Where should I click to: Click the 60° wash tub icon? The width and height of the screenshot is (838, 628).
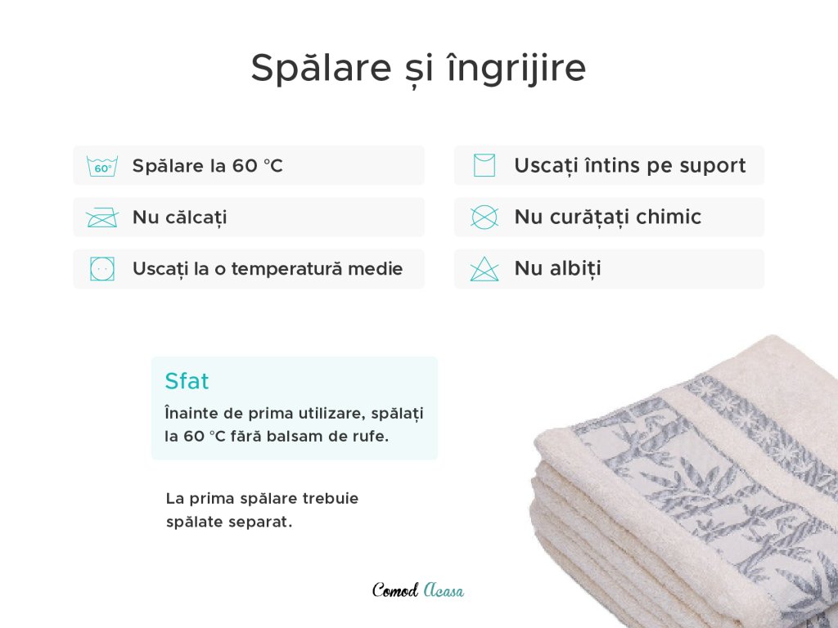tap(102, 166)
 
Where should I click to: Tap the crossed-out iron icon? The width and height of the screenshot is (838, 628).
tap(102, 218)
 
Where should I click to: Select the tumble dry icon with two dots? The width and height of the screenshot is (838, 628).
tap(102, 268)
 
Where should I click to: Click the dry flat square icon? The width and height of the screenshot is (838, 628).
tap(484, 165)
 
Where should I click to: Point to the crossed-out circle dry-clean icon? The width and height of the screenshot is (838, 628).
tap(484, 218)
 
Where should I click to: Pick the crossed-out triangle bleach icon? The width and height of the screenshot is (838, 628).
tap(484, 268)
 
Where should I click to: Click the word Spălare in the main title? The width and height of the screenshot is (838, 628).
tap(321, 68)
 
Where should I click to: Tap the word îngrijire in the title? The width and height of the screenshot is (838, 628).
tap(516, 69)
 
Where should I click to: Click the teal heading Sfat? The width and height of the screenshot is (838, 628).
tap(187, 381)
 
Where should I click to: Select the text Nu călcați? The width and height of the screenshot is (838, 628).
tap(179, 218)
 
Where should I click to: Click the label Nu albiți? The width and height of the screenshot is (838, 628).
tap(557, 268)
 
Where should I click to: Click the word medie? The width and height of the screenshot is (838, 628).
tap(375, 268)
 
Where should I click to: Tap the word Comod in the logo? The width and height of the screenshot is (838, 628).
tap(395, 590)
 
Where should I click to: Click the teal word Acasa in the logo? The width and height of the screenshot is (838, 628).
tap(444, 590)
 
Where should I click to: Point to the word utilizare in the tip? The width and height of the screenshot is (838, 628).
tap(331, 413)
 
